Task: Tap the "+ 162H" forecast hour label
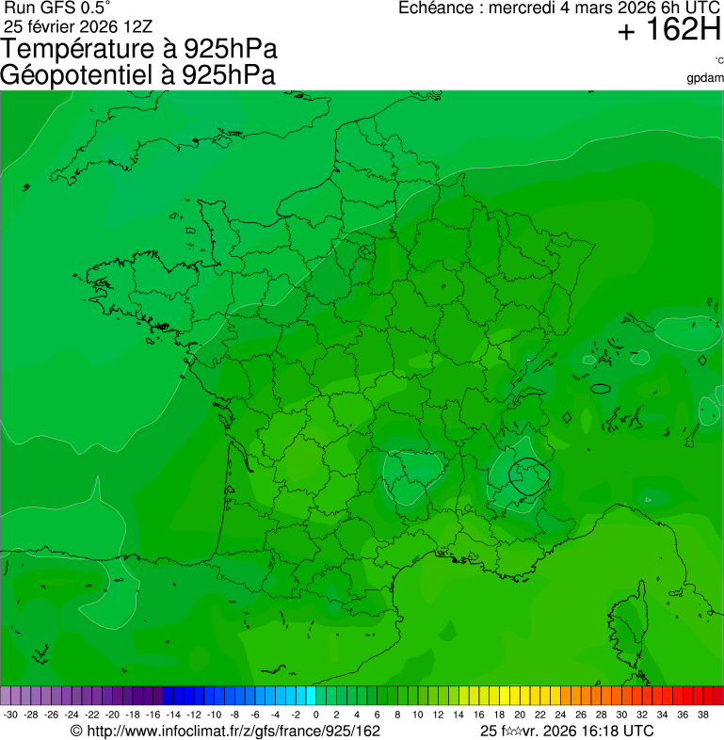pos(668,31)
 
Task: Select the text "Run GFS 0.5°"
pos(57,8)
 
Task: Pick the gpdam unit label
pos(705,78)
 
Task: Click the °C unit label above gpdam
pos(718,61)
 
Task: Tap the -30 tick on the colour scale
pos(10,715)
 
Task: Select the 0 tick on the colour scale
pos(315,715)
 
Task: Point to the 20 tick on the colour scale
pos(519,715)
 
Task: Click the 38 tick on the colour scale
pos(702,715)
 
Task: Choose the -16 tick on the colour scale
pos(153,715)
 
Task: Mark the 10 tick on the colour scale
pos(417,715)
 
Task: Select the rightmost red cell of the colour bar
pos(718,696)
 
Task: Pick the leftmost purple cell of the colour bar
pos(6,696)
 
